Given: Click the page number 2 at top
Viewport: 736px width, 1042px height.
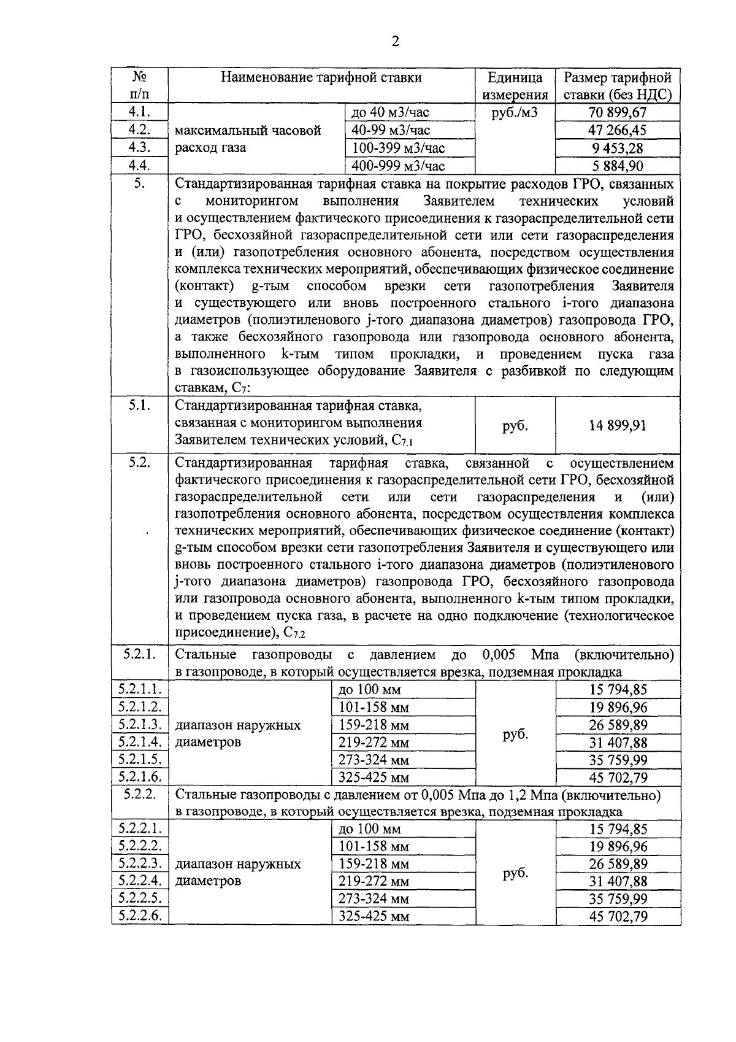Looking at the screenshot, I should (395, 42).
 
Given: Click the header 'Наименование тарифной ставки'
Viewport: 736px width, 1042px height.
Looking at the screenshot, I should (321, 78).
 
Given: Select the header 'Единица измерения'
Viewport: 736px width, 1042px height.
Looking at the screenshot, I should (515, 86).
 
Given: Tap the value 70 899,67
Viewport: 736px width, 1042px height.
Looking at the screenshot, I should (618, 112).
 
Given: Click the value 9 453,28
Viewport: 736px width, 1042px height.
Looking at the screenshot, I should (618, 149).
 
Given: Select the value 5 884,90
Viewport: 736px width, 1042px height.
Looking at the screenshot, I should (618, 166).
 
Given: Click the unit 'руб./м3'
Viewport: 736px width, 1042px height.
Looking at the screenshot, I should (515, 112).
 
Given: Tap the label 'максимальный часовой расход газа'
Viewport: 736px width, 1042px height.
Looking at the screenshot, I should (248, 139).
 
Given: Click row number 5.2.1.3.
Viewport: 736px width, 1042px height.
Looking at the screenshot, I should (139, 724).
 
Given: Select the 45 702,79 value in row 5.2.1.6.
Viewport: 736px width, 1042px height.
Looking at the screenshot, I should (618, 778).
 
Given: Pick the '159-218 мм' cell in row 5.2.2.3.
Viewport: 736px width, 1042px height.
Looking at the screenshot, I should (374, 864).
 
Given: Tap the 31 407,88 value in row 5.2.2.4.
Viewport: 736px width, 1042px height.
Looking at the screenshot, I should (618, 882).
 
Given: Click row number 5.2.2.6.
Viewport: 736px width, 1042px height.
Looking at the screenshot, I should (139, 916).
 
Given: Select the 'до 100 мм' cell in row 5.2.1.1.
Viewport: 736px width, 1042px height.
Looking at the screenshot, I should (369, 690).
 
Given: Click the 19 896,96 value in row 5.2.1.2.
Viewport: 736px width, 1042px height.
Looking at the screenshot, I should (618, 708).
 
